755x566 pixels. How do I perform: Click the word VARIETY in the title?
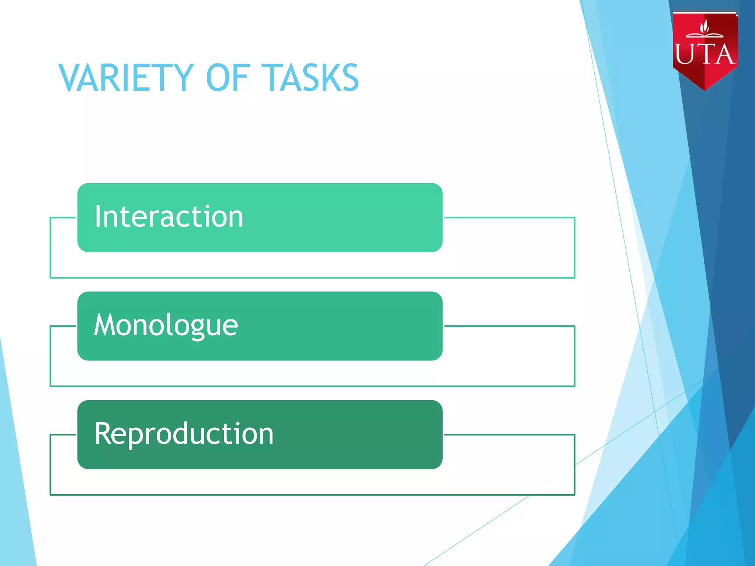click(126, 78)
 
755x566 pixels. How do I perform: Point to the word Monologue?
click(166, 326)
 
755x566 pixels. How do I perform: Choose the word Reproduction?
click(184, 434)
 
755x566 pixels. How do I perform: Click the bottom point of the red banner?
click(705, 90)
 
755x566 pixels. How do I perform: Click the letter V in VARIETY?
click(71, 78)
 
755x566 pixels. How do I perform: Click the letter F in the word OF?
click(242, 78)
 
